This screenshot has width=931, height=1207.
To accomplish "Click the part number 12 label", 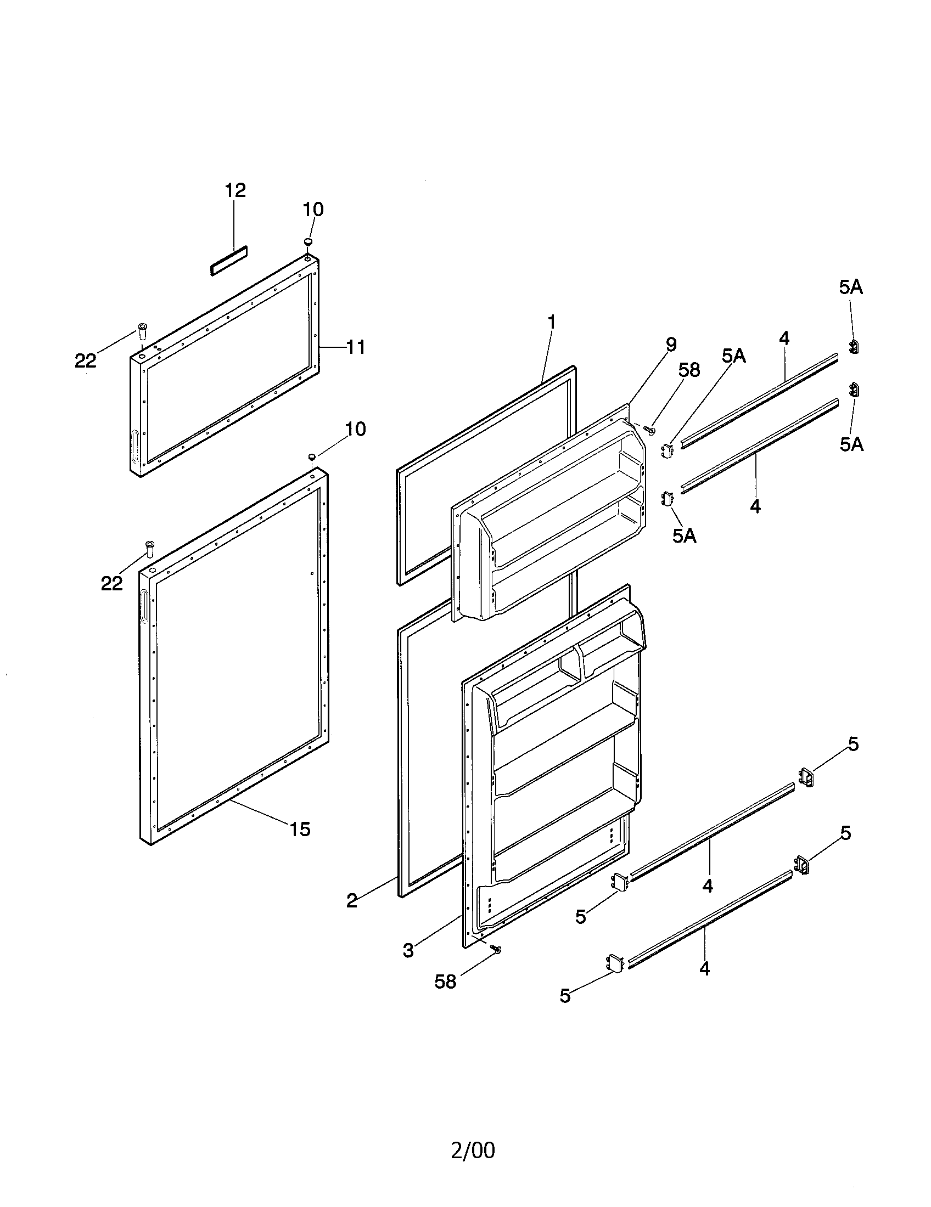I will (235, 190).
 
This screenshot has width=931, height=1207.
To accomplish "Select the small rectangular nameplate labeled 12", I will (228, 260).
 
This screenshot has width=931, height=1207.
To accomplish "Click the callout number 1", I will (551, 322).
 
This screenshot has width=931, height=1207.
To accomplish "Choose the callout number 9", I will (671, 345).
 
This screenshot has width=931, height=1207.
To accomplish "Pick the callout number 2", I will (352, 901).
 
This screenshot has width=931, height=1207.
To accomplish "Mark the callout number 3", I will (408, 951).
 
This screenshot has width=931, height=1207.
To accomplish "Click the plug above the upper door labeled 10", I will (308, 241).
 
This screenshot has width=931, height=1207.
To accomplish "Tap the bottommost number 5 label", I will (565, 996).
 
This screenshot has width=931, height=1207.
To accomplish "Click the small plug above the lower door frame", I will (312, 456).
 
